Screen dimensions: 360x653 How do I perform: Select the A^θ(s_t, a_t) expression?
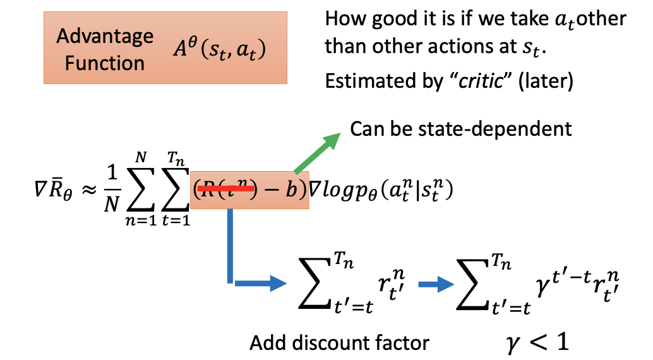pos(220,50)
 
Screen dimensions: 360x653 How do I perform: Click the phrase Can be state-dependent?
pos(460,129)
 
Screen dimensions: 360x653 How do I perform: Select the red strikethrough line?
pos(228,188)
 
